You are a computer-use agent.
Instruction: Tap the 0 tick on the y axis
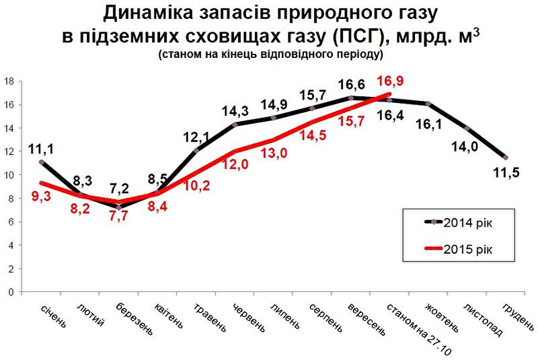pos(12,293)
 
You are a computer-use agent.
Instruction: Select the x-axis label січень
pos(54,316)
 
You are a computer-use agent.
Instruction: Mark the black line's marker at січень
pos(42,162)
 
